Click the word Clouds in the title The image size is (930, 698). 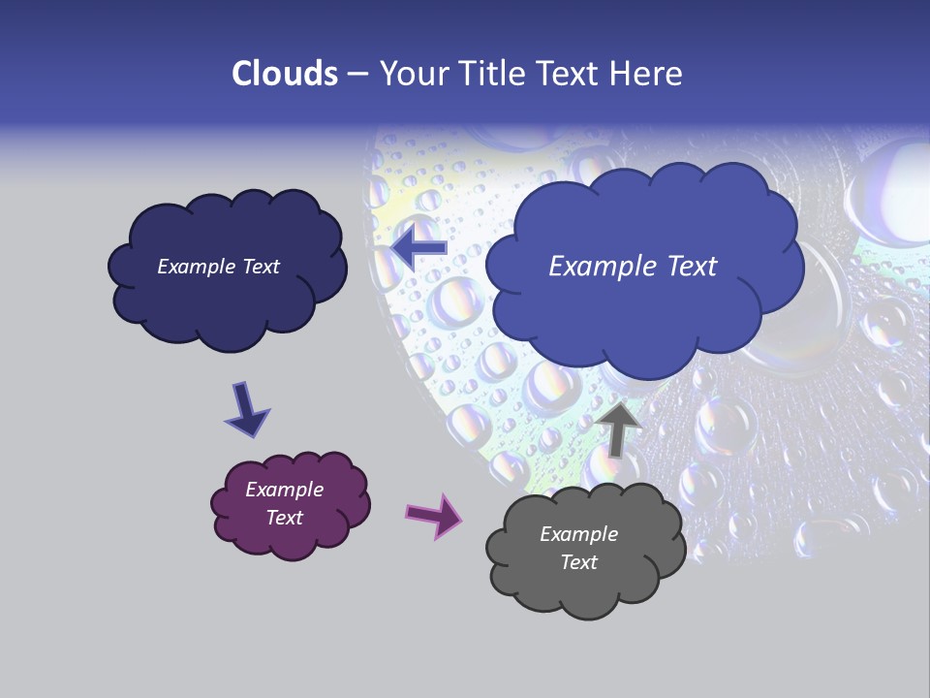pyautogui.click(x=285, y=74)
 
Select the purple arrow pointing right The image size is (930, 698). pyautogui.click(x=435, y=515)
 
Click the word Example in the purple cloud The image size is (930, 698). pyautogui.click(x=284, y=490)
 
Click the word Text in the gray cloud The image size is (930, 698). pyautogui.click(x=578, y=562)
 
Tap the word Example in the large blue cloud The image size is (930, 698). pyautogui.click(x=601, y=267)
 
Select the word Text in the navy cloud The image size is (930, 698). pyautogui.click(x=260, y=267)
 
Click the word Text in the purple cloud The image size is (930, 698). pyautogui.click(x=284, y=518)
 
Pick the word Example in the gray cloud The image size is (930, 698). pyautogui.click(x=578, y=534)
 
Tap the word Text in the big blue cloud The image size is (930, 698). pyautogui.click(x=690, y=267)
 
